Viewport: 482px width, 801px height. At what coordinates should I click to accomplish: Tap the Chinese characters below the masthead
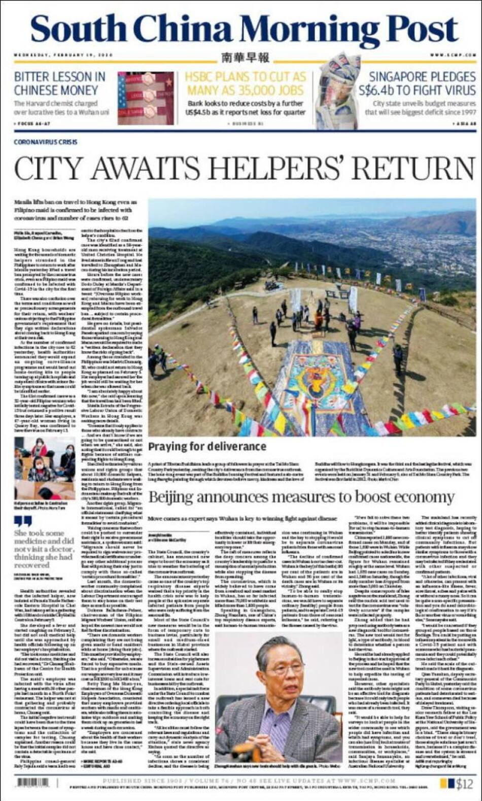[245, 58]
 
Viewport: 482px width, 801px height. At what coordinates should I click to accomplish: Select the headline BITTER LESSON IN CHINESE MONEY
[60, 84]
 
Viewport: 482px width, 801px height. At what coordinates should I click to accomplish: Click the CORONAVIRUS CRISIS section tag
[46, 142]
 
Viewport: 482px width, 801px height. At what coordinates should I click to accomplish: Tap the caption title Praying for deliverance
[207, 447]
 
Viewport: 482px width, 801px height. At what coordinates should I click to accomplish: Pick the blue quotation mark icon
[23, 521]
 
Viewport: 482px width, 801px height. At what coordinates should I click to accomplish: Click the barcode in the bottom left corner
[33, 783]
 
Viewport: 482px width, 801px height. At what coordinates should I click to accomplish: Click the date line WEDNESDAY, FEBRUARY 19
[63, 55]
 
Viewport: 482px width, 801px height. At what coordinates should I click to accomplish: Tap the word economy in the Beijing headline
[424, 496]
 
